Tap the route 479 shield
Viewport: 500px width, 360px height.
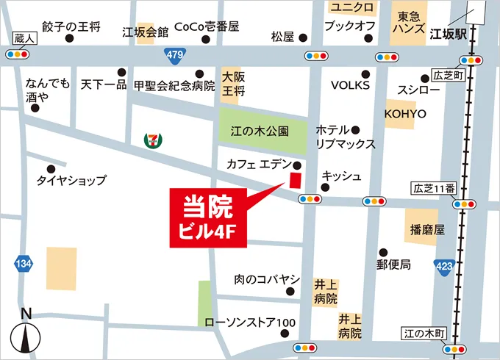point(175,54)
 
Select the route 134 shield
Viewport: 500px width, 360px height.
point(24,263)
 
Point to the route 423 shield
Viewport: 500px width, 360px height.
point(444,265)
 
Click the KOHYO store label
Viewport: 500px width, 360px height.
point(405,114)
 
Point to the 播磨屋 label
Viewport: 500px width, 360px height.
point(424,229)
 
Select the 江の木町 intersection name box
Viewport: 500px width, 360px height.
point(425,334)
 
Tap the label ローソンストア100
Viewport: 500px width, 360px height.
point(250,323)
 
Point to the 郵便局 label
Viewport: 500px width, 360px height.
point(393,264)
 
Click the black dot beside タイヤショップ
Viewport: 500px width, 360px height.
point(51,168)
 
